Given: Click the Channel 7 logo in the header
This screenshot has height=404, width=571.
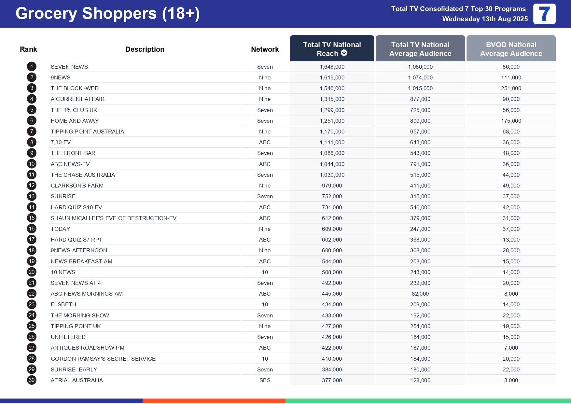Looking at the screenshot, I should click(x=544, y=14).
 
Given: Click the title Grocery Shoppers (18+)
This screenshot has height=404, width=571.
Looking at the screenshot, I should click(x=107, y=14).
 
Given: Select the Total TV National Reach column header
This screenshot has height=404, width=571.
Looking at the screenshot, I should click(x=332, y=49).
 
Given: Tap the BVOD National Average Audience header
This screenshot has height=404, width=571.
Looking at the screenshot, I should click(x=511, y=49).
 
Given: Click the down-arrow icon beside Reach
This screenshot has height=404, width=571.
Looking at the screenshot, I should click(x=344, y=53).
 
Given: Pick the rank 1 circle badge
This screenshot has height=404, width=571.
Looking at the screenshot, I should click(x=32, y=67).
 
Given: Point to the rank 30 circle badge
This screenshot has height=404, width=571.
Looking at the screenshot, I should click(x=32, y=380).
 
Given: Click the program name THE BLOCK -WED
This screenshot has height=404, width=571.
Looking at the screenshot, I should click(x=75, y=88).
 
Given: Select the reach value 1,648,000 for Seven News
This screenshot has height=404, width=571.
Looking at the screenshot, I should click(x=332, y=67).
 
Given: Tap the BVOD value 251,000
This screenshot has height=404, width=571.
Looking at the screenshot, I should click(x=511, y=88).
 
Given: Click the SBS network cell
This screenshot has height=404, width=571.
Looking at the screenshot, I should click(x=265, y=380).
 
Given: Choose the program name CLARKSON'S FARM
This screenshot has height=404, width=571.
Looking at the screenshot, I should click(x=77, y=186).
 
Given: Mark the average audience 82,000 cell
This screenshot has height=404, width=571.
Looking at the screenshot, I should click(x=420, y=294).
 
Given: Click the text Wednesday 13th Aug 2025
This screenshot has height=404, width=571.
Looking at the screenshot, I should click(x=485, y=19).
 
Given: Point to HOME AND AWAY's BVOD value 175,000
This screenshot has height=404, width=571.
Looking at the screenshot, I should click(x=511, y=121).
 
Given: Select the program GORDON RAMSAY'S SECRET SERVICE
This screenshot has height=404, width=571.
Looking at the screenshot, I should click(x=103, y=359).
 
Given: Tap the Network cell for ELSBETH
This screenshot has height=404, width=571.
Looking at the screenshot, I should click(x=265, y=304).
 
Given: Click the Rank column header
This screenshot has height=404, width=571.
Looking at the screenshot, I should click(x=28, y=49).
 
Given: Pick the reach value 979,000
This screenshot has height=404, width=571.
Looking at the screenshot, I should click(x=332, y=186).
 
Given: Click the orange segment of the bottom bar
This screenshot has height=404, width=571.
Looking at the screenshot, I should click(x=214, y=401).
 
